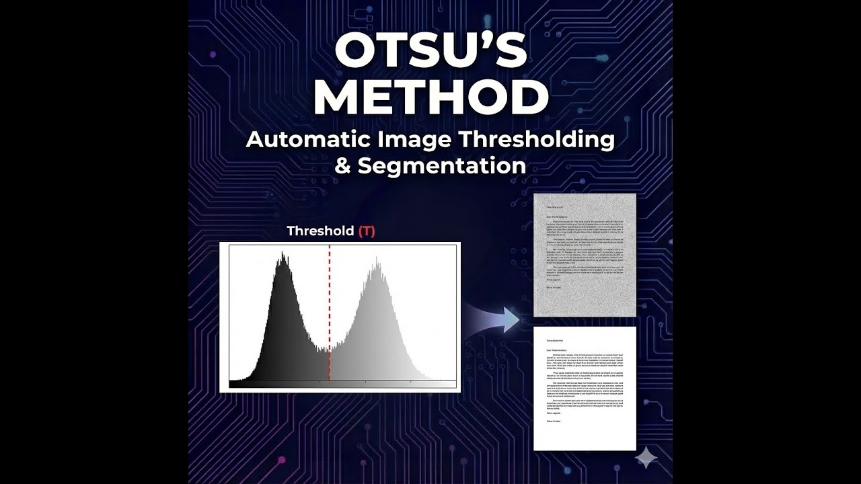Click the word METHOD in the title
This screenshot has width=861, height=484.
tap(430, 97)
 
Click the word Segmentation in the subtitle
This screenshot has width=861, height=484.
tap(441, 166)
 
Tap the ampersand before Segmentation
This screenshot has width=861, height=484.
tap(343, 166)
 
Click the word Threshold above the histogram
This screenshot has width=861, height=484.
tap(320, 231)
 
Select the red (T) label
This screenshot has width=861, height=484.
tap(367, 231)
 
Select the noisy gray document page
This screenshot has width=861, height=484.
tap(585, 255)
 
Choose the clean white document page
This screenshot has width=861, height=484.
tap(585, 389)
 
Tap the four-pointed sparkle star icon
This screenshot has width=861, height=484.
tap(646, 458)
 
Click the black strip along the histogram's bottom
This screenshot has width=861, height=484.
tap(343, 384)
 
